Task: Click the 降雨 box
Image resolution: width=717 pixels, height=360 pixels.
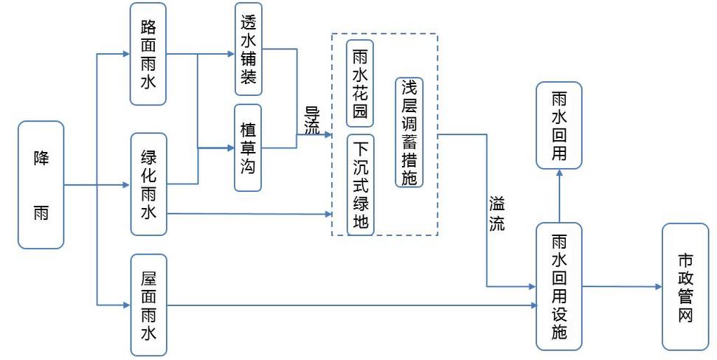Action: pos(41,184)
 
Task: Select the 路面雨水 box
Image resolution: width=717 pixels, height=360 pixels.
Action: pos(148,53)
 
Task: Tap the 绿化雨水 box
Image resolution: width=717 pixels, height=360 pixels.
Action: pos(148,184)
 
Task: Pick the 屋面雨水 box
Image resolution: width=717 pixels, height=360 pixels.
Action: pos(148,305)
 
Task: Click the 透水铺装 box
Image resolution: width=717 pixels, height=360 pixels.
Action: pos(249,49)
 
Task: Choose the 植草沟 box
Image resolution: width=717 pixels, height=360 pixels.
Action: pos(249,148)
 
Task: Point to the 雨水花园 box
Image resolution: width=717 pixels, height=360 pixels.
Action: pos(361,83)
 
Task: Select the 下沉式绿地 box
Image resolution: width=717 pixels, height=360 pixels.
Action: pos(361,184)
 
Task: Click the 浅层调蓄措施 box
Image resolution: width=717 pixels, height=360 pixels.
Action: pos(409,132)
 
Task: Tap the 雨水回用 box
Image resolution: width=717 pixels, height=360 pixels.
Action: pos(558,126)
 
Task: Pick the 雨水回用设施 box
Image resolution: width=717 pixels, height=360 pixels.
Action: pos(558,285)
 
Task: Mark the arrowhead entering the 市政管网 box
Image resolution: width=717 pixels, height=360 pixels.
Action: pos(658,286)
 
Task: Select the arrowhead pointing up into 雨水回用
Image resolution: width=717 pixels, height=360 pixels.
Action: pos(558,173)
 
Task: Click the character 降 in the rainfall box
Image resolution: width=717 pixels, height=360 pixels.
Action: pos(41,157)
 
